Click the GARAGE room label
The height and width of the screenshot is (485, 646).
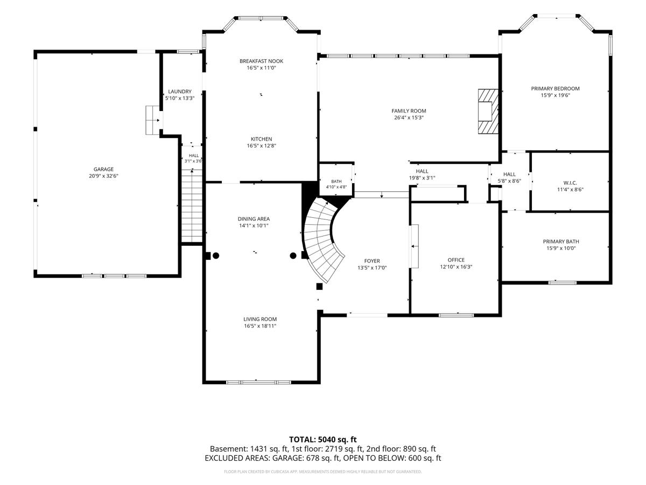click(x=103, y=169)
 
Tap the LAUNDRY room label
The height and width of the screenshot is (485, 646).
click(x=179, y=92)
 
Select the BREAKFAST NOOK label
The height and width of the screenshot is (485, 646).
click(x=261, y=61)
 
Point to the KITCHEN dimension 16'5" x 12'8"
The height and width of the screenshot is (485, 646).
click(x=261, y=145)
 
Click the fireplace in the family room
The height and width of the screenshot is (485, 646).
click(x=488, y=112)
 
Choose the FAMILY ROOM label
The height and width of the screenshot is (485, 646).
click(x=409, y=111)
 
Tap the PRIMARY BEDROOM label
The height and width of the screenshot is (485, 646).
click(x=555, y=88)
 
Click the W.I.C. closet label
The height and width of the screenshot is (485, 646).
click(x=570, y=183)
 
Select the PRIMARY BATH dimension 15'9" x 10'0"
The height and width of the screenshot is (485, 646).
click(x=560, y=248)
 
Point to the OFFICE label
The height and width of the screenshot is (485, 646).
click(x=456, y=260)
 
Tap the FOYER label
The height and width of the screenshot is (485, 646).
click(x=372, y=261)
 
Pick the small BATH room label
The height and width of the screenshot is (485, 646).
click(x=336, y=182)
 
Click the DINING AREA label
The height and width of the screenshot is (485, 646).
click(x=254, y=219)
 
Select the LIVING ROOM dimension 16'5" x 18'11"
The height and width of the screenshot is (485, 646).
click(x=260, y=325)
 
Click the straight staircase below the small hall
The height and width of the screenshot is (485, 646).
click(x=192, y=206)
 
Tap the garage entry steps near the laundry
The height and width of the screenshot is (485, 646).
click(x=152, y=120)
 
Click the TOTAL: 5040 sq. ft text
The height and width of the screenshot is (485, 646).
click(x=323, y=439)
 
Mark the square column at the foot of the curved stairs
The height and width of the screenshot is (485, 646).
click(x=319, y=287)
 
